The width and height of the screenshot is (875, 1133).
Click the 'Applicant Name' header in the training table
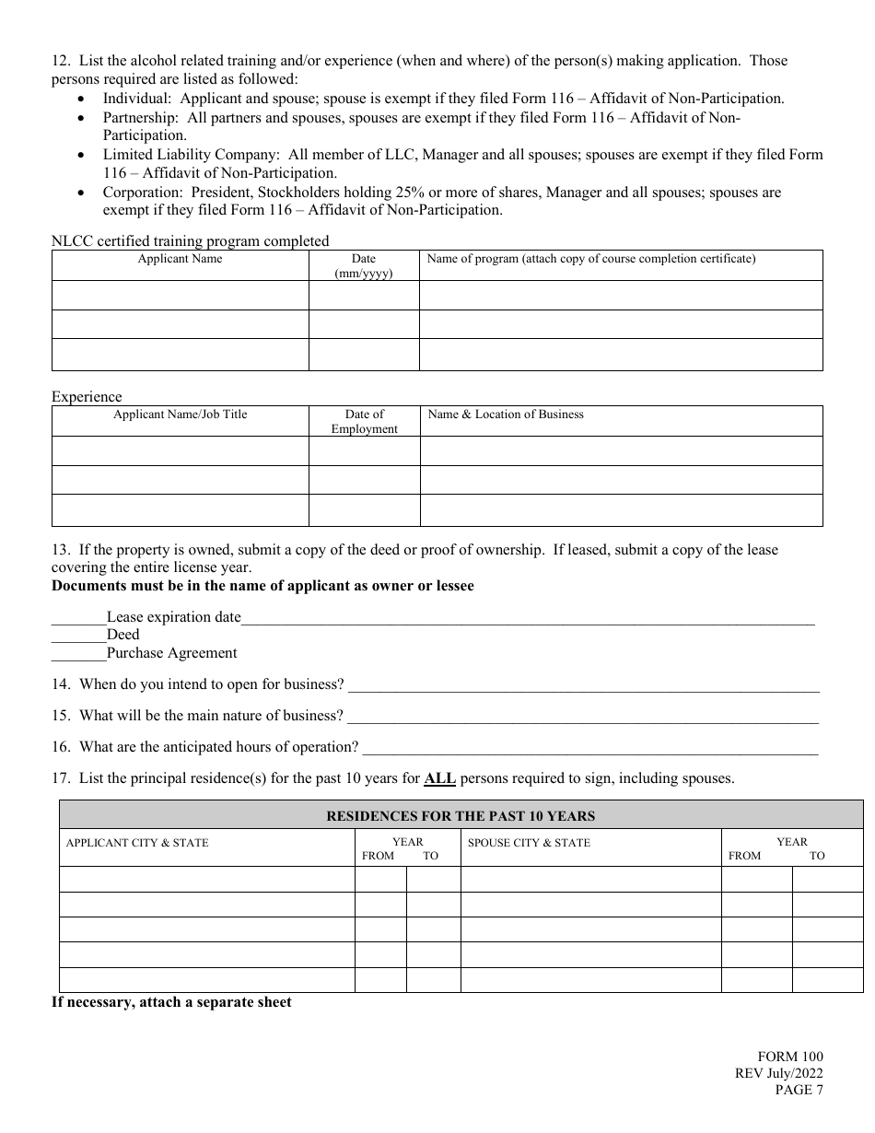click(180, 259)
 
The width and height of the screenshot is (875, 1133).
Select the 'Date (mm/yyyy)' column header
click(364, 265)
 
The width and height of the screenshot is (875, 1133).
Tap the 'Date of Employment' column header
click(364, 421)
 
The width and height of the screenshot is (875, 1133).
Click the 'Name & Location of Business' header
click(506, 415)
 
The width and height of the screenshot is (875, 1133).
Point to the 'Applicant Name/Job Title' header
click(180, 415)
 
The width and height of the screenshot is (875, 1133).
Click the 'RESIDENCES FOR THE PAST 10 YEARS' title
click(461, 815)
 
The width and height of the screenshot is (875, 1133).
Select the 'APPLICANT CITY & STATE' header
click(137, 843)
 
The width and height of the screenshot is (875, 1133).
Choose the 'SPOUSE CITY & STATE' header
click(529, 843)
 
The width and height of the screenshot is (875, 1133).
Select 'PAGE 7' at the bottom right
click(799, 1091)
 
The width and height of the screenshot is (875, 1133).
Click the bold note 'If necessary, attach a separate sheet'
click(171, 1002)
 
